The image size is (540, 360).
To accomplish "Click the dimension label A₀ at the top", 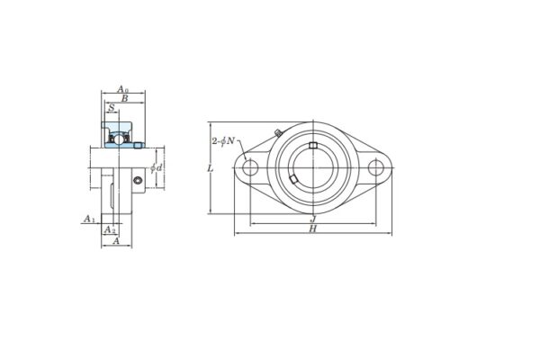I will coord(123,90).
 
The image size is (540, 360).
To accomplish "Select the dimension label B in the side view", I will coord(124,100).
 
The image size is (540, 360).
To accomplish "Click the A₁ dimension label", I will coord(88,219).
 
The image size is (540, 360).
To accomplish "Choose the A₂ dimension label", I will coord(110,229).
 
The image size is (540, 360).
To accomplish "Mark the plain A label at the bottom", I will coord(116,241).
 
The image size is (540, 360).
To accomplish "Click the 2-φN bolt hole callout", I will coord(223,140).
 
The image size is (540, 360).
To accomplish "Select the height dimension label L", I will coord(210,168).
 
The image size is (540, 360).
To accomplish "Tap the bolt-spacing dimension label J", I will coord(311,218).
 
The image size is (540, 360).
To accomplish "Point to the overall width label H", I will coord(311,229).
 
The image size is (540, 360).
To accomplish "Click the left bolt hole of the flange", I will coord(251,167).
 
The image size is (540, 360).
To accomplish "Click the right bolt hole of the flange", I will coord(373,167).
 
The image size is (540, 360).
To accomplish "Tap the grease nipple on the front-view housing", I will coord(276,136).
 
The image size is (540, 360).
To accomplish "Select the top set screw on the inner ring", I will coord(312,146).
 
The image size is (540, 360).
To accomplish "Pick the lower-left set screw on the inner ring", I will coord(294,184).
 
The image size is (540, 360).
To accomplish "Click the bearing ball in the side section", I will coord(114,137).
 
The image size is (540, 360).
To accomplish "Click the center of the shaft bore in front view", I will coord(311,167).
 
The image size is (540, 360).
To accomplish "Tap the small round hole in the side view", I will coord(137,182).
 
